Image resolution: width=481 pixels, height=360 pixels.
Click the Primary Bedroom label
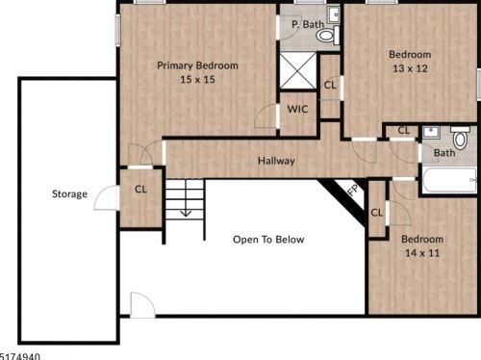coord(197,65)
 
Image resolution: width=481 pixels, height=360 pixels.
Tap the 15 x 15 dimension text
coord(197,80)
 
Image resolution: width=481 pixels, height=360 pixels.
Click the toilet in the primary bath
coord(326,36)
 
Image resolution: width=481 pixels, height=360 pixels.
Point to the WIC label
coord(297,110)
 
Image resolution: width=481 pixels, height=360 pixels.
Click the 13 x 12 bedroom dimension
coord(410,69)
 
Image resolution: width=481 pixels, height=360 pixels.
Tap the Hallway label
coord(276,161)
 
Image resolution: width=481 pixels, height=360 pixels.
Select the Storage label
coord(69,194)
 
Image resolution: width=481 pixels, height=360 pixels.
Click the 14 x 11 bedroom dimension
coord(422,253)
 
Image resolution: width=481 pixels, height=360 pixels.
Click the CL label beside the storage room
coord(140,189)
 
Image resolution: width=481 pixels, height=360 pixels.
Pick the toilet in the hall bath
coord(460,140)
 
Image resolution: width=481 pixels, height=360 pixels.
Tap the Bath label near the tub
coord(444,153)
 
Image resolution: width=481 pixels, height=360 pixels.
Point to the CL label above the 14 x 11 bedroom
coord(376,213)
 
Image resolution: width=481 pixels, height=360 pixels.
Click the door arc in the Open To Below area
coord(141,306)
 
